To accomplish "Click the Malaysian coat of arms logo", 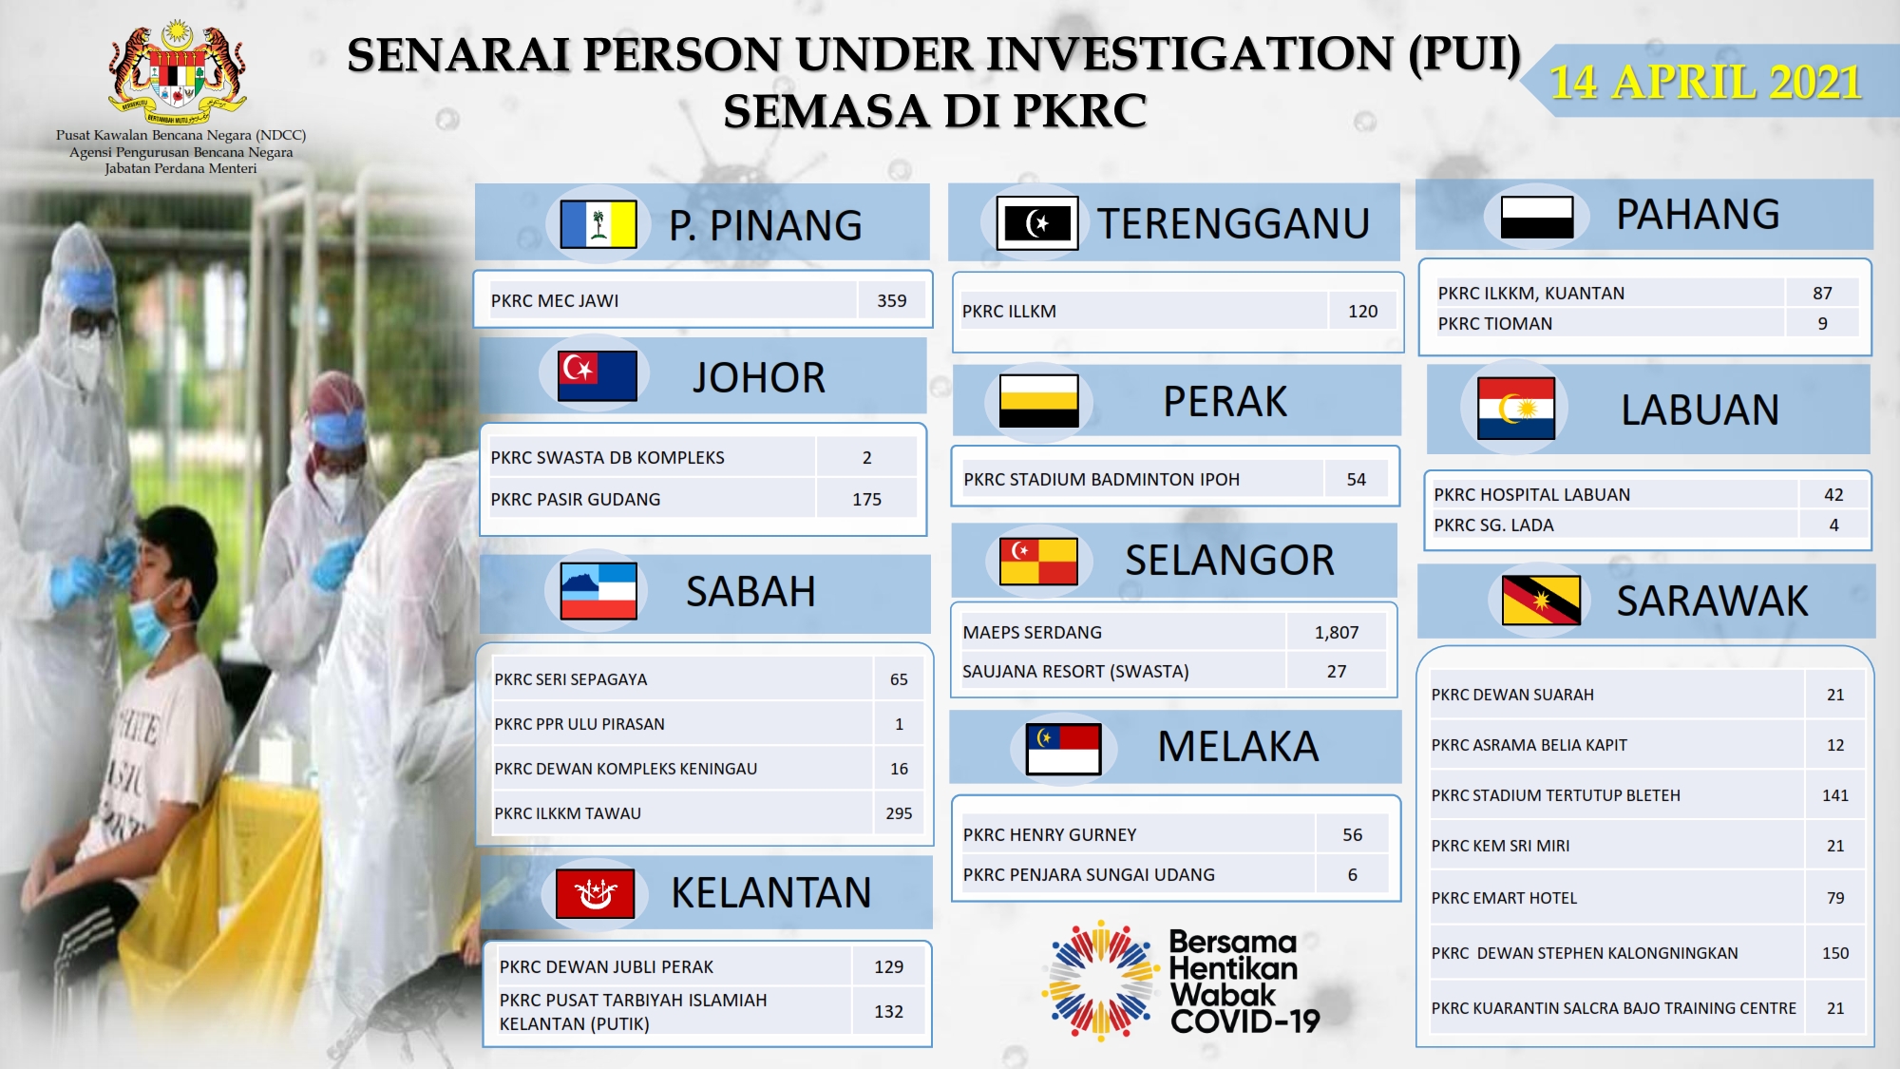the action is click(178, 72).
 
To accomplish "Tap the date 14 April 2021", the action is click(1705, 82).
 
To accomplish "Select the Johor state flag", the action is click(598, 375).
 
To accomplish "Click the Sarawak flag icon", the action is click(1541, 600).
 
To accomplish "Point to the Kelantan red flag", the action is click(595, 893).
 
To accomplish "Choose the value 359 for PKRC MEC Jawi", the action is click(891, 300).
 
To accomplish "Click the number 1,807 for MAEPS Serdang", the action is click(1337, 632).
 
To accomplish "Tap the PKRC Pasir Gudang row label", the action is click(576, 499).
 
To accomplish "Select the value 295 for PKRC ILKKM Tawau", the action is click(899, 813).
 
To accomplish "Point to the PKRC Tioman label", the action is click(1495, 323).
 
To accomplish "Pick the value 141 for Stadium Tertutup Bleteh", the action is click(1835, 795).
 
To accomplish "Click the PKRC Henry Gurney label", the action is click(1050, 834).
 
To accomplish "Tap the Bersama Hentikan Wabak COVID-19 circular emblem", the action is click(1101, 980).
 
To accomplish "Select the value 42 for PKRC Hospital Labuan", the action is click(1833, 494).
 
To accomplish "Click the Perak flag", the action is click(1038, 400).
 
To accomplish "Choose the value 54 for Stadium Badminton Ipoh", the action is click(1357, 480).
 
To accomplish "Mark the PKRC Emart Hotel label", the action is click(1504, 898).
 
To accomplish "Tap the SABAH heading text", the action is click(750, 591).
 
